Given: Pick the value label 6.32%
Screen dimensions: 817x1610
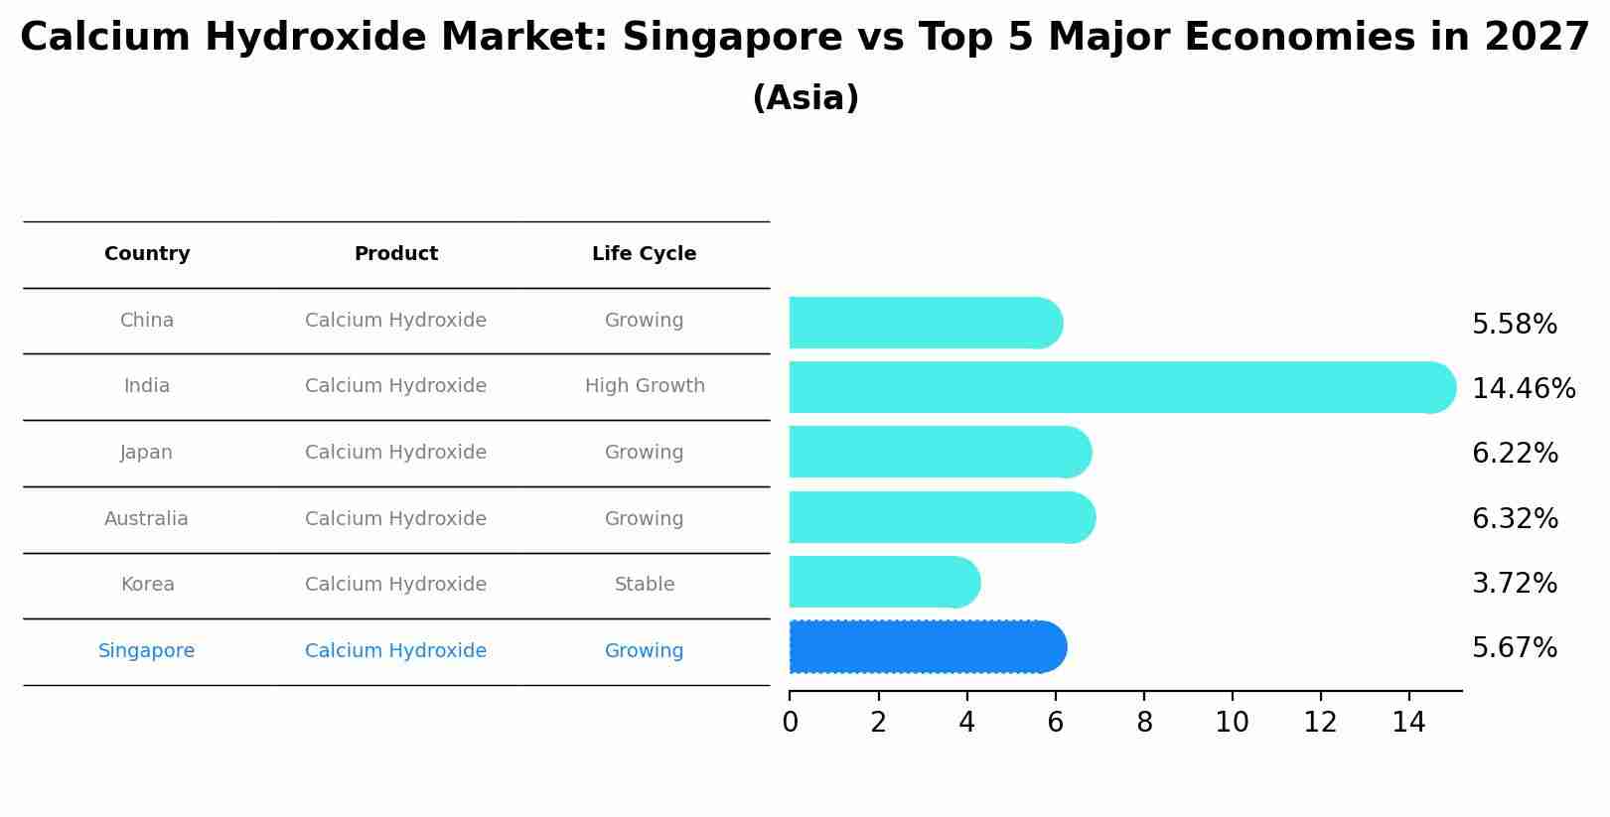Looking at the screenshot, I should (x=1515, y=518).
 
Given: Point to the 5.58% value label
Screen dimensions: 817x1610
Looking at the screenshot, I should (x=1514, y=325).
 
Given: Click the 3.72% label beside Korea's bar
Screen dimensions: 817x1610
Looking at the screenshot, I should (x=1514, y=584).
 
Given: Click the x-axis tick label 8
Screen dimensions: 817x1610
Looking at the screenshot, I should (x=1144, y=723).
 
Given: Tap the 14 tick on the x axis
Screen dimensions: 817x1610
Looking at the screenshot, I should (x=1408, y=723).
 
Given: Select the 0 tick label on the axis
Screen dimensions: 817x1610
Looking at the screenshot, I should (x=790, y=723).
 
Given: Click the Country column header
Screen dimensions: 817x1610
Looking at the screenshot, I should (x=147, y=254).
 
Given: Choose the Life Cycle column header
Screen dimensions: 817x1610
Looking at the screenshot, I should (x=644, y=254).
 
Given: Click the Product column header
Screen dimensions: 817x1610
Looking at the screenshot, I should (x=395, y=254).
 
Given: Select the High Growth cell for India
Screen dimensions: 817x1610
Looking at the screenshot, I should (x=645, y=386).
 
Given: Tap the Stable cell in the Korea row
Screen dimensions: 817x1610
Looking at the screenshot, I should (x=645, y=585).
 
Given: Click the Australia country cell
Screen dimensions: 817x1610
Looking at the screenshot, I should (x=146, y=519).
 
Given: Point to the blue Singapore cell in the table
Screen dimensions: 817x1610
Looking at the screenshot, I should (x=146, y=651).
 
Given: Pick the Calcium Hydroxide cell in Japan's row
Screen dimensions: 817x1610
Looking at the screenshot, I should (x=395, y=453).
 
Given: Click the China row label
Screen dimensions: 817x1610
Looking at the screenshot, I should (x=147, y=321).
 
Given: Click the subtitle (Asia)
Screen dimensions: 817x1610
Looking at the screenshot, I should (x=805, y=98).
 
